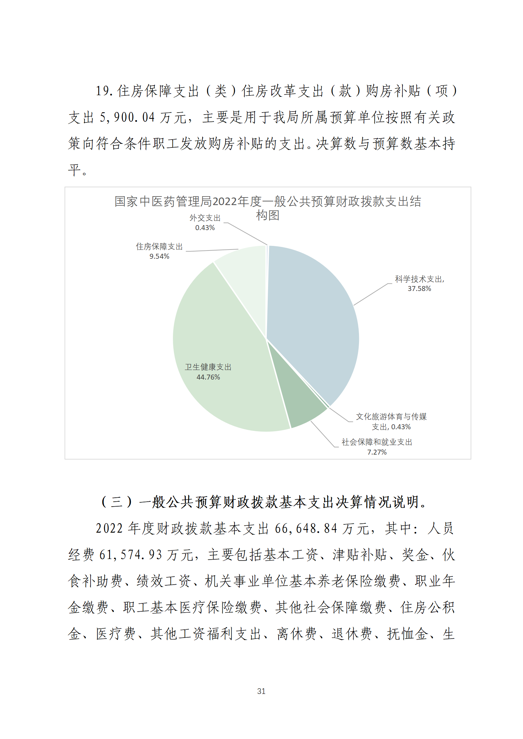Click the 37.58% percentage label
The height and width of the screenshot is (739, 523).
tap(419, 289)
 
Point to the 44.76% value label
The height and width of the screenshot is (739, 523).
tap(208, 377)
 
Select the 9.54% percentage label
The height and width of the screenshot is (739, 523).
tap(159, 256)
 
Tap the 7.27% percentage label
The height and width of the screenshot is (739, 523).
tap(377, 452)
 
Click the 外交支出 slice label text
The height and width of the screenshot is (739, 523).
tap(205, 218)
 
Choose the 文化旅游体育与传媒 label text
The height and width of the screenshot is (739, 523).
tap(391, 417)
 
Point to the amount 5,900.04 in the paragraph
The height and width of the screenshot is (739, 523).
tap(127, 118)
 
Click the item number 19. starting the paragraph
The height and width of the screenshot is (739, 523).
tap(104, 91)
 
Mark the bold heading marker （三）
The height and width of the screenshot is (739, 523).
tap(117, 502)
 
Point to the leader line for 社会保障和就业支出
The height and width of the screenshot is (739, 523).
tap(323, 435)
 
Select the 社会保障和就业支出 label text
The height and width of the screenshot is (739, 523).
tap(377, 442)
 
